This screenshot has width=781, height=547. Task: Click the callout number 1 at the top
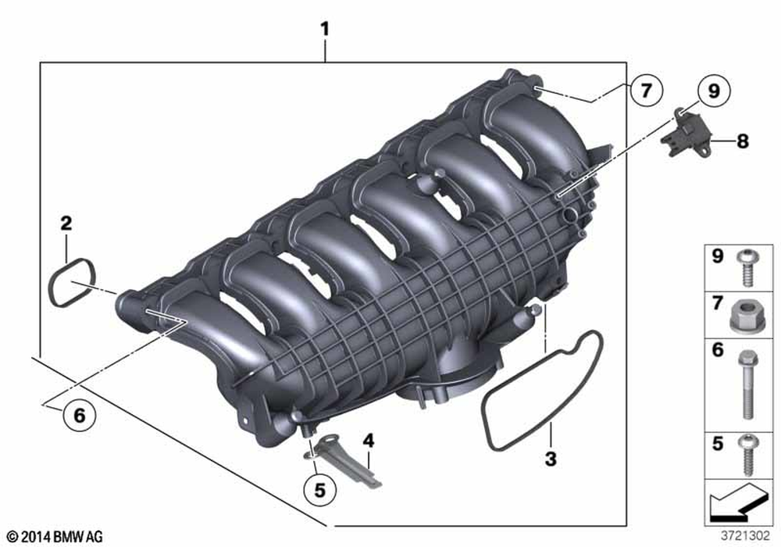325,30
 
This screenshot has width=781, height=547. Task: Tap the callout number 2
66,223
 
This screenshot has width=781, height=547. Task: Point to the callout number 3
551,459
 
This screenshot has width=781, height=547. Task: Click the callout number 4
368,441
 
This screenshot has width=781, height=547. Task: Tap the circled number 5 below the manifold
319,490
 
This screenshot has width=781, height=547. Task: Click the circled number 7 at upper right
646,91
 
